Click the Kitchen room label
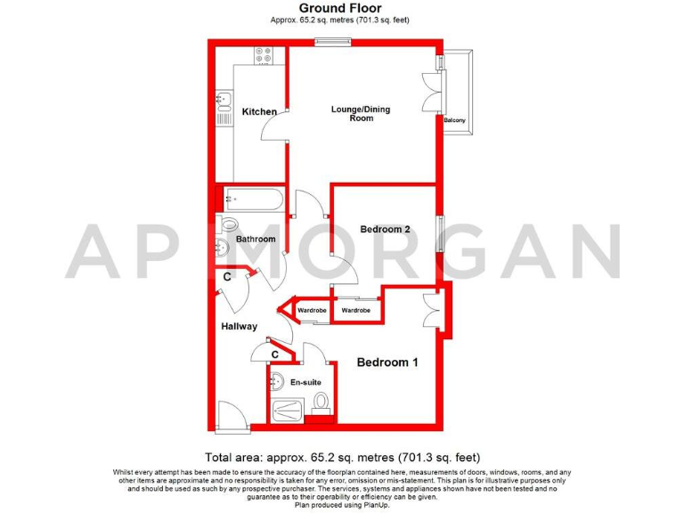(259, 111)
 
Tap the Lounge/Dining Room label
(361, 113)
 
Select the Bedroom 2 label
(385, 229)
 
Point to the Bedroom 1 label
(387, 362)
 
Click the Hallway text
(239, 326)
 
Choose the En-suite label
(305, 382)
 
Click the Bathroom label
(256, 240)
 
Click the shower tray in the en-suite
(289, 411)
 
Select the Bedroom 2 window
(437, 233)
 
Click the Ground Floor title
(342, 8)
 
